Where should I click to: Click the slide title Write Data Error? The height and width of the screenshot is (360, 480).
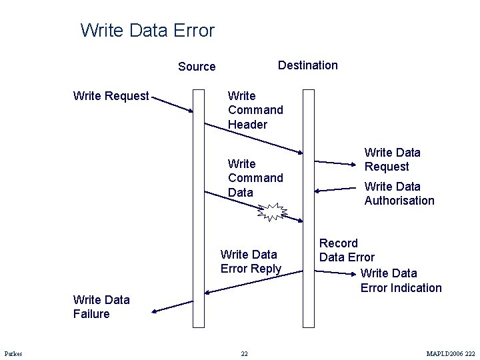pyautogui.click(x=147, y=31)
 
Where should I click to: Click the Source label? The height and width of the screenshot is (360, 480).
pyautogui.click(x=197, y=67)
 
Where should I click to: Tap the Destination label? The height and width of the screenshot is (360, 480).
pyautogui.click(x=307, y=65)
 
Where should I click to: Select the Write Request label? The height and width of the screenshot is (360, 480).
pyautogui.click(x=111, y=96)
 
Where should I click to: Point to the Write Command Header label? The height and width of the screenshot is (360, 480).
pyautogui.click(x=255, y=110)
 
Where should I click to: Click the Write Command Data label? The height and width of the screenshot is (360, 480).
pyautogui.click(x=255, y=178)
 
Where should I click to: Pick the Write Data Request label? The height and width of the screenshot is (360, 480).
pyautogui.click(x=392, y=160)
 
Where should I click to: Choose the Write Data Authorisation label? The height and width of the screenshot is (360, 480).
pyautogui.click(x=399, y=193)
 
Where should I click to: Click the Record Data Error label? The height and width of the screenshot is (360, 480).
pyautogui.click(x=347, y=250)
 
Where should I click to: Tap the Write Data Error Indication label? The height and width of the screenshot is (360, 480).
pyautogui.click(x=401, y=281)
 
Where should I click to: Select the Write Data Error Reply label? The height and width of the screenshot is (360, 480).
pyautogui.click(x=251, y=261)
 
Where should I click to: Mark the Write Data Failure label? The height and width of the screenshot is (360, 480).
pyautogui.click(x=101, y=307)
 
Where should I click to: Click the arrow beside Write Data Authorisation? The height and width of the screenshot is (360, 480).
pyautogui.click(x=336, y=189)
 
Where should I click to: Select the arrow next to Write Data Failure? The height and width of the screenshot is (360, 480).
pyautogui.click(x=171, y=307)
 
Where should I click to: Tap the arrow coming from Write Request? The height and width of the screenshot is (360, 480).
pyautogui.click(x=173, y=103)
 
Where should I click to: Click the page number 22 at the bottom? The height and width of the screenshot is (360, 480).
pyautogui.click(x=244, y=353)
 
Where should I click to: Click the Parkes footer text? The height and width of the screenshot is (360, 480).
pyautogui.click(x=13, y=353)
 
